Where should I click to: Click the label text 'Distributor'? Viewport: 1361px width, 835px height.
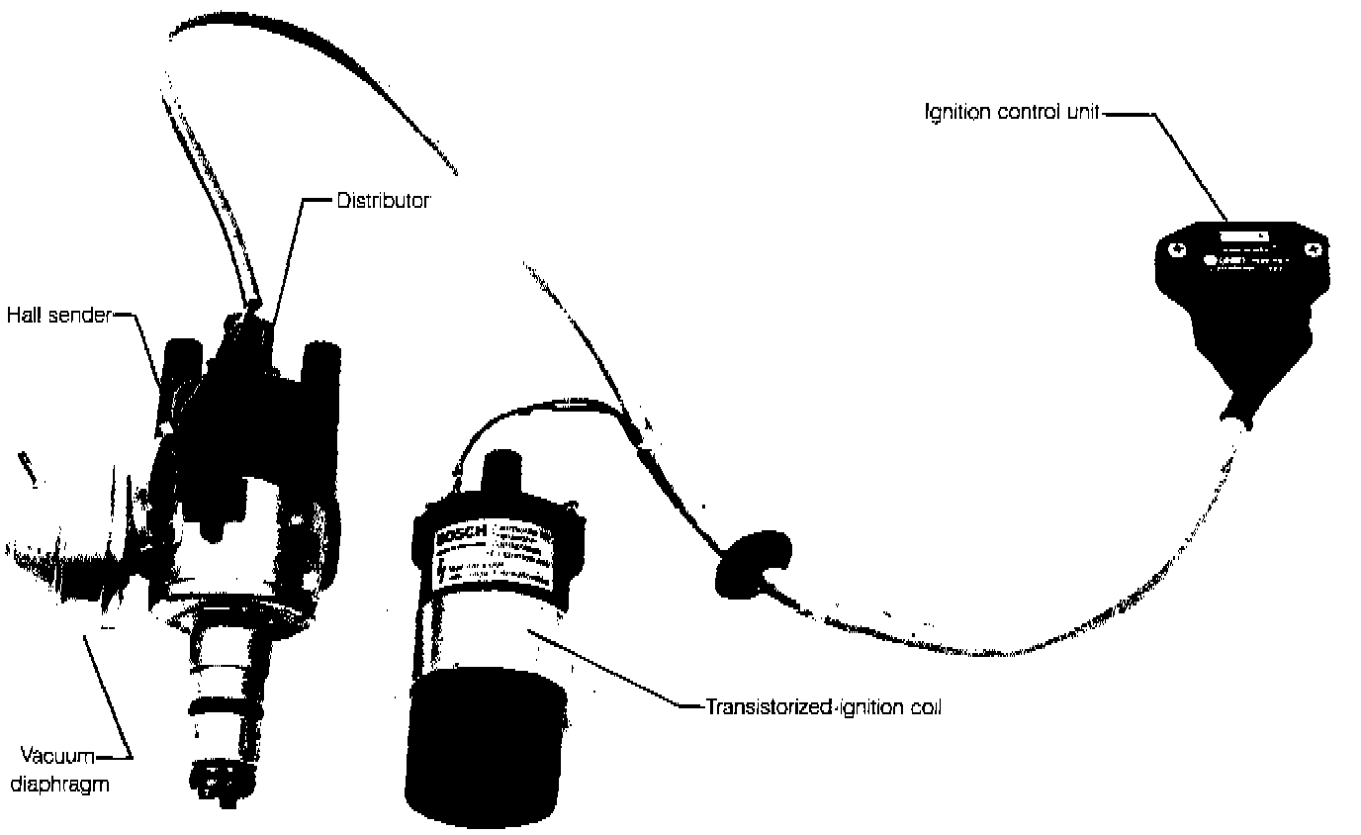tap(383, 201)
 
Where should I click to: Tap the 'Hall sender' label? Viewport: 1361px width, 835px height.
tap(58, 317)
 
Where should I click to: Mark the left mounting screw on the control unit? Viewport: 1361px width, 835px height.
tap(1174, 250)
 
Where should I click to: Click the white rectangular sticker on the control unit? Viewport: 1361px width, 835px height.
tap(1243, 236)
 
